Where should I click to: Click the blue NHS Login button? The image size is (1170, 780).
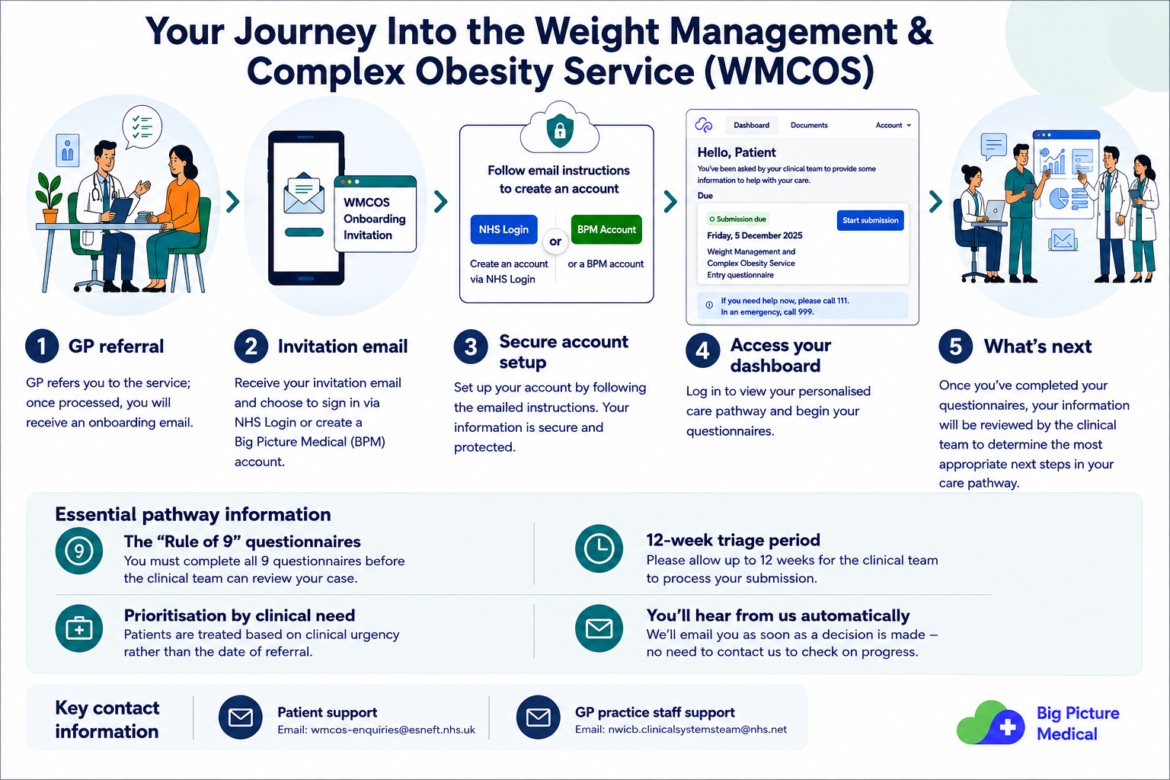coord(503,229)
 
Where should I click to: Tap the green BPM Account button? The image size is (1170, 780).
coord(606,229)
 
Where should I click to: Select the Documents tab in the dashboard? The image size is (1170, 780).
coord(808,126)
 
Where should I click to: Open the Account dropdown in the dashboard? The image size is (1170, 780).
coord(893,126)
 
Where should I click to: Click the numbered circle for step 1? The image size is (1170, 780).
coord(42,346)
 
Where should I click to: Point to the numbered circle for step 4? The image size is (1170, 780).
coord(702,350)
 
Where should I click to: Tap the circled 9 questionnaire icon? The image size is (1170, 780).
coord(79,551)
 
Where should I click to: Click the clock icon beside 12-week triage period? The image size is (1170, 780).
coord(599,548)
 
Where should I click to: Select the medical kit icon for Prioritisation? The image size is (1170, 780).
coord(79,628)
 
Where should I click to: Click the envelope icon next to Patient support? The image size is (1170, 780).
coord(240,718)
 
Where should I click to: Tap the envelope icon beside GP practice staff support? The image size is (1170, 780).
coord(538,718)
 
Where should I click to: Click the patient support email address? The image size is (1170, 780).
coord(393,730)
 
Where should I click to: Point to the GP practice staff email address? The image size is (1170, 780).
coord(697,729)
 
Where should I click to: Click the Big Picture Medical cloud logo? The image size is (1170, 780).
coord(990,723)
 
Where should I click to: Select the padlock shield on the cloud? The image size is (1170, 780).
coord(559,130)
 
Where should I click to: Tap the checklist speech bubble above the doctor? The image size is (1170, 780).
coord(142,126)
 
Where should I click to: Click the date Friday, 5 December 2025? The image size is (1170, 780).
coord(754,235)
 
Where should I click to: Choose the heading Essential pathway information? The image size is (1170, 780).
coord(193,515)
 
